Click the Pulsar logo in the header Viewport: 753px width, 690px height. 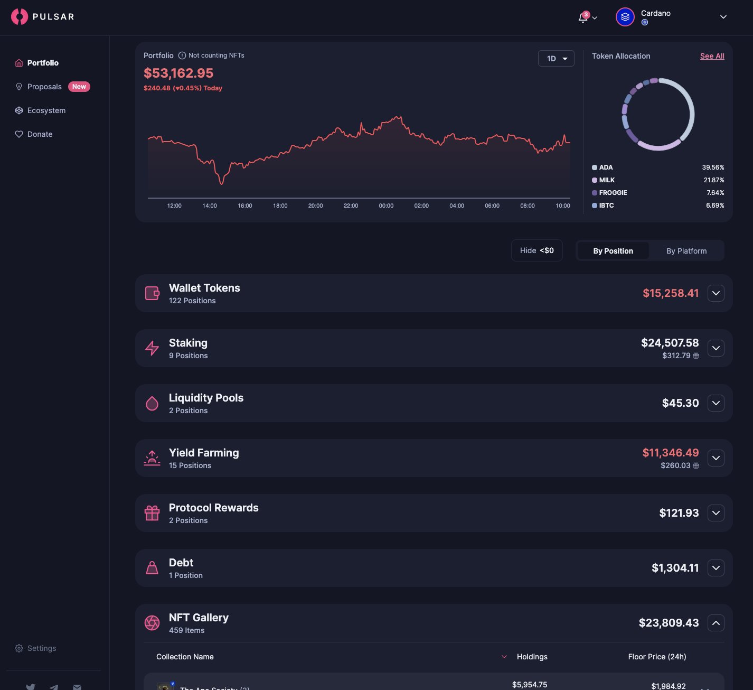pos(42,17)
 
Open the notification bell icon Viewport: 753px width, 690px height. pos(583,17)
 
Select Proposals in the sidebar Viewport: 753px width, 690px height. pos(44,87)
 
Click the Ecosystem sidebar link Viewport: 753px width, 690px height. pos(46,110)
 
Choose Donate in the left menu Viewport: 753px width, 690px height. pos(40,134)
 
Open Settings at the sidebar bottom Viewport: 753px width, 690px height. pos(41,648)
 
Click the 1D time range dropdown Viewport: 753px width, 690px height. pos(556,59)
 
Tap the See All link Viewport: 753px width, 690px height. pos(712,56)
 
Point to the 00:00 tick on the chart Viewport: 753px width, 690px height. pos(386,206)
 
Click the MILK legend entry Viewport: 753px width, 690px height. pos(606,180)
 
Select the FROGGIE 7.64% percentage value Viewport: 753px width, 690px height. pos(715,193)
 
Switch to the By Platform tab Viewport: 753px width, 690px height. pos(686,251)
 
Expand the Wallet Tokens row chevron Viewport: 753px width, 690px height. pos(716,293)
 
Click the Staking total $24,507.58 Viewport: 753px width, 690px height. pos(670,343)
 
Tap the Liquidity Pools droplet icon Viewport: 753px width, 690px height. pos(152,403)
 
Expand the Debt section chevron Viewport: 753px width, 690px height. pos(716,568)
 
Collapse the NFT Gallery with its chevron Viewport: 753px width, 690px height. pos(716,623)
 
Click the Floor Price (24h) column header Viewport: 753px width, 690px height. pos(657,657)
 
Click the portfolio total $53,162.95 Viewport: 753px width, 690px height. pos(178,73)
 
